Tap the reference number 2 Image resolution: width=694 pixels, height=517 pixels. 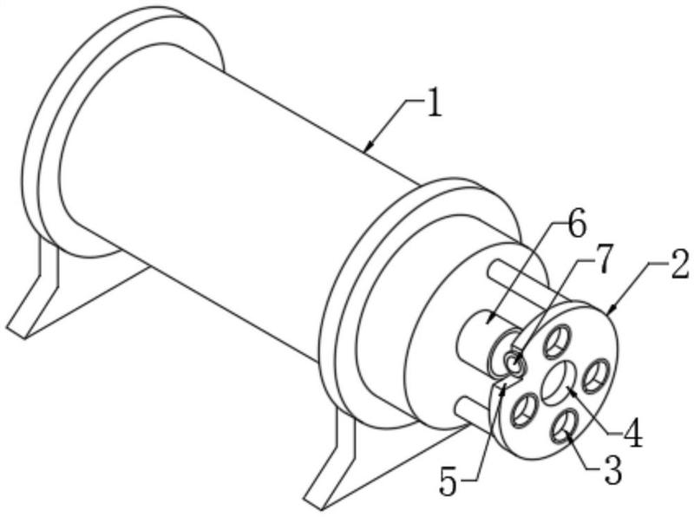[680, 265]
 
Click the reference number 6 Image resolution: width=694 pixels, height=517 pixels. [576, 226]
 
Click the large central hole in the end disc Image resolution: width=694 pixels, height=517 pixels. [559, 383]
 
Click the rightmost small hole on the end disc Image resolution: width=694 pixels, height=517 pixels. [595, 376]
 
